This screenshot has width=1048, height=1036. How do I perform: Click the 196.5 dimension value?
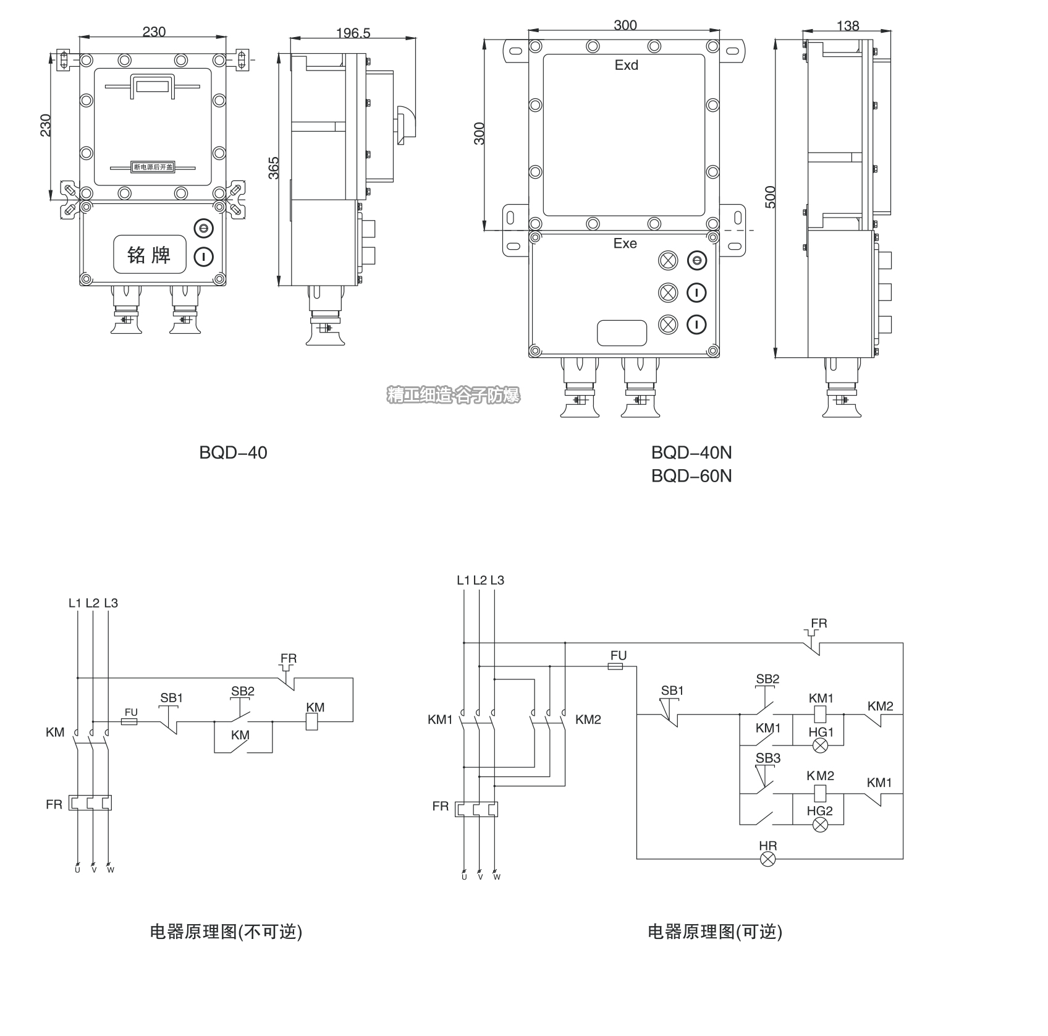[353, 33]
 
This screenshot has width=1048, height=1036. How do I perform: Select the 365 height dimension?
[274, 168]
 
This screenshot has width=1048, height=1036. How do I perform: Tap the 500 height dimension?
[771, 197]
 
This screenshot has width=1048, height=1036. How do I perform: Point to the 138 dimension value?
[847, 26]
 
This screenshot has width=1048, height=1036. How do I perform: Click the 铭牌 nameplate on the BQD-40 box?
[149, 255]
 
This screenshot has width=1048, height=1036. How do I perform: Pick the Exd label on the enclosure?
[626, 66]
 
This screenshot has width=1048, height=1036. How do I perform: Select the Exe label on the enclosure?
[625, 244]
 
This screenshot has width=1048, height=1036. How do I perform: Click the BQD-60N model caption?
[691, 476]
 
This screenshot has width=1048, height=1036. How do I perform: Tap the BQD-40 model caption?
[233, 452]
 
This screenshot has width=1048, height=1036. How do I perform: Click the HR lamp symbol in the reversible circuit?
[767, 859]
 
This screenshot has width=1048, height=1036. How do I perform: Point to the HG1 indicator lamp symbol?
[820, 745]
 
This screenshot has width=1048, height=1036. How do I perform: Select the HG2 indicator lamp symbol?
[820, 824]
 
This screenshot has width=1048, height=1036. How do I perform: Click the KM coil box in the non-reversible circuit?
[313, 721]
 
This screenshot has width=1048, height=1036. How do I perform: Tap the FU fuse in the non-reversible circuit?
[130, 721]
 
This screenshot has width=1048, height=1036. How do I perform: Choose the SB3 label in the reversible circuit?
[767, 758]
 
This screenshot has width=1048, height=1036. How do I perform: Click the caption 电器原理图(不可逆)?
[226, 932]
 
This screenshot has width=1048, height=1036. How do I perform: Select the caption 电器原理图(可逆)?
[714, 932]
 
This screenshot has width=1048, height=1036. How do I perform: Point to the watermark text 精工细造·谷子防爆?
[454, 396]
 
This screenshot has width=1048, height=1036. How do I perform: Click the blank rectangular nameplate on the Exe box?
[622, 333]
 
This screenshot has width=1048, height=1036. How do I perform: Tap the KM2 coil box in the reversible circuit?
[820, 792]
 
